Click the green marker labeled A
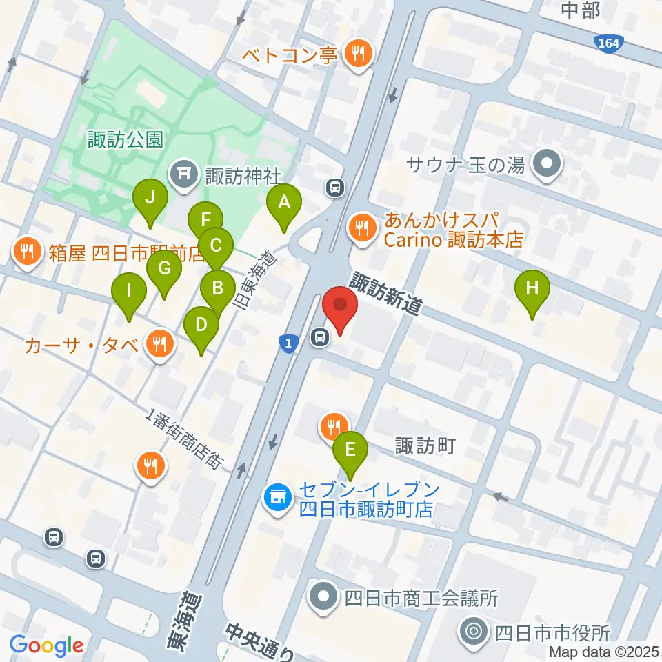coord(283,203)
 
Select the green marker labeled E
coord(350,451)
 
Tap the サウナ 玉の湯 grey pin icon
coord(549,164)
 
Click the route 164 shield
coord(609,44)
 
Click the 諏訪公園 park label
coord(125,140)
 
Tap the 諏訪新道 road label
coord(385,293)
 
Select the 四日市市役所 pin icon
coord(474,632)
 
